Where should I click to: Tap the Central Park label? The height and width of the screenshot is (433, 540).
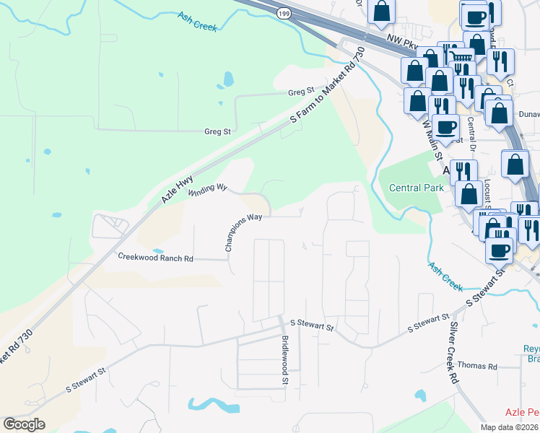pos(415,188)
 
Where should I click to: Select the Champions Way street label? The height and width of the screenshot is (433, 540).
pos(243,232)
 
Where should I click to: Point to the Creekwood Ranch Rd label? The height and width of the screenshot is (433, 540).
pos(155,257)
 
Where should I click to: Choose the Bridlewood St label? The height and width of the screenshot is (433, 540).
pos(285,360)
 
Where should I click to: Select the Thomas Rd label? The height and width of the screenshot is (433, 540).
pos(477,367)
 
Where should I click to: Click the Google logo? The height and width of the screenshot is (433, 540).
pos(24,424)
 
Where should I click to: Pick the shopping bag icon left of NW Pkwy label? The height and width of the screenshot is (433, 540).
pos(381,12)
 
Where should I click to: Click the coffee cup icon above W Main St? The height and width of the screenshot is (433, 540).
pos(446,127)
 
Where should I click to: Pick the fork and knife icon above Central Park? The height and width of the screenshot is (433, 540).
pos(463,172)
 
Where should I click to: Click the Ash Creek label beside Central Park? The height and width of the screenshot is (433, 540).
pos(445,276)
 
